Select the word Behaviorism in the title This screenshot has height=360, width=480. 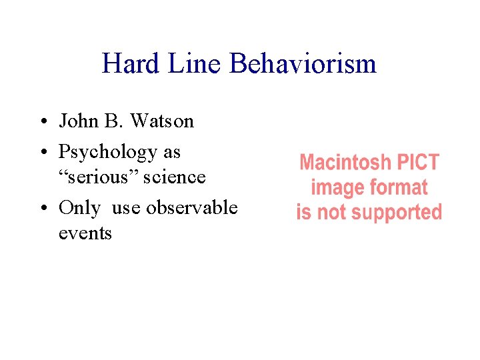click(303, 64)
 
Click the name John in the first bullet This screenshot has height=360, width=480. click(79, 121)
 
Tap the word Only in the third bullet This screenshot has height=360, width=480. click(79, 208)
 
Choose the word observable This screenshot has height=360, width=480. click(191, 208)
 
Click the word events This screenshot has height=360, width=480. click(85, 233)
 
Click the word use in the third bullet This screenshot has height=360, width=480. click(127, 208)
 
